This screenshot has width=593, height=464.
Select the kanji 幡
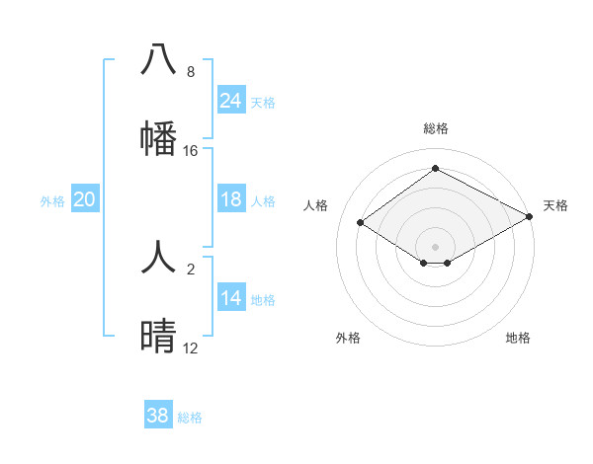click(x=158, y=138)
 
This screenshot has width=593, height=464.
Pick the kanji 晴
click(x=158, y=338)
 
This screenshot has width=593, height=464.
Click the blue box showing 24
click(x=230, y=101)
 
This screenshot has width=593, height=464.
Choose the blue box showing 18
click(x=230, y=199)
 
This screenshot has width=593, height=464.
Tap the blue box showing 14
click(x=230, y=298)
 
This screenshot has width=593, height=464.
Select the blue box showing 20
click(x=84, y=199)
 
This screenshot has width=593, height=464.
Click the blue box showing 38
click(x=158, y=416)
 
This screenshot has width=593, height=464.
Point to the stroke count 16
click(x=191, y=151)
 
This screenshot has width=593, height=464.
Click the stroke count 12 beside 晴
click(x=191, y=348)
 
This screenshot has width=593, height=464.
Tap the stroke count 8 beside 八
click(x=191, y=72)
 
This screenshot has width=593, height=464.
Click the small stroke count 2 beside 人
click(x=191, y=270)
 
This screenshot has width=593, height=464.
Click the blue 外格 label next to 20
click(x=52, y=200)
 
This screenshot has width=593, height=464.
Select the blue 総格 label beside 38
click(x=190, y=418)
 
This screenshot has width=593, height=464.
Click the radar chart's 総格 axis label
click(x=436, y=128)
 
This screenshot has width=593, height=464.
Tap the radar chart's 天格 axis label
click(x=556, y=205)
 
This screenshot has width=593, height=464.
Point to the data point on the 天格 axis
click(x=531, y=217)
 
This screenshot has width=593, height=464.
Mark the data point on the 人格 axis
click(x=361, y=223)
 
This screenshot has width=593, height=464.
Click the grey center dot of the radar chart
click(x=436, y=246)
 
